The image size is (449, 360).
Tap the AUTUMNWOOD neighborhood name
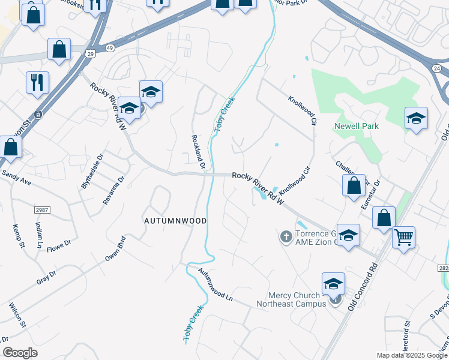[175, 221]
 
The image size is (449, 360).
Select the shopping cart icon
[404, 237]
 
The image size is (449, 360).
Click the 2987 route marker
[41, 209]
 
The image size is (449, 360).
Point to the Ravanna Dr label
[113, 190]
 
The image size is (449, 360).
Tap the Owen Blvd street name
[116, 248]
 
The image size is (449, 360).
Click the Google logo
[20, 352]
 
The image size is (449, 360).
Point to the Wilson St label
[17, 316]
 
